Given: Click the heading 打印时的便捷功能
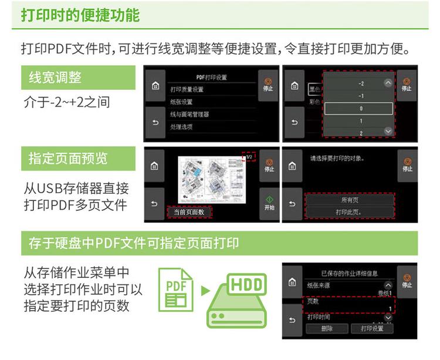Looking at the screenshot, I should tap(80, 15).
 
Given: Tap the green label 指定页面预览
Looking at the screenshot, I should tap(68, 159).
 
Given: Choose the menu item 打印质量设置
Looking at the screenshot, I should tap(187, 89).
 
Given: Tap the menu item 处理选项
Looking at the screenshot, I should tap(182, 126).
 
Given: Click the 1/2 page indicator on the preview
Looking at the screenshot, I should tap(249, 157).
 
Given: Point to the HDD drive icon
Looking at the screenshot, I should tap(237, 300).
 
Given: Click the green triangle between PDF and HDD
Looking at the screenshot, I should tap(205, 290).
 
